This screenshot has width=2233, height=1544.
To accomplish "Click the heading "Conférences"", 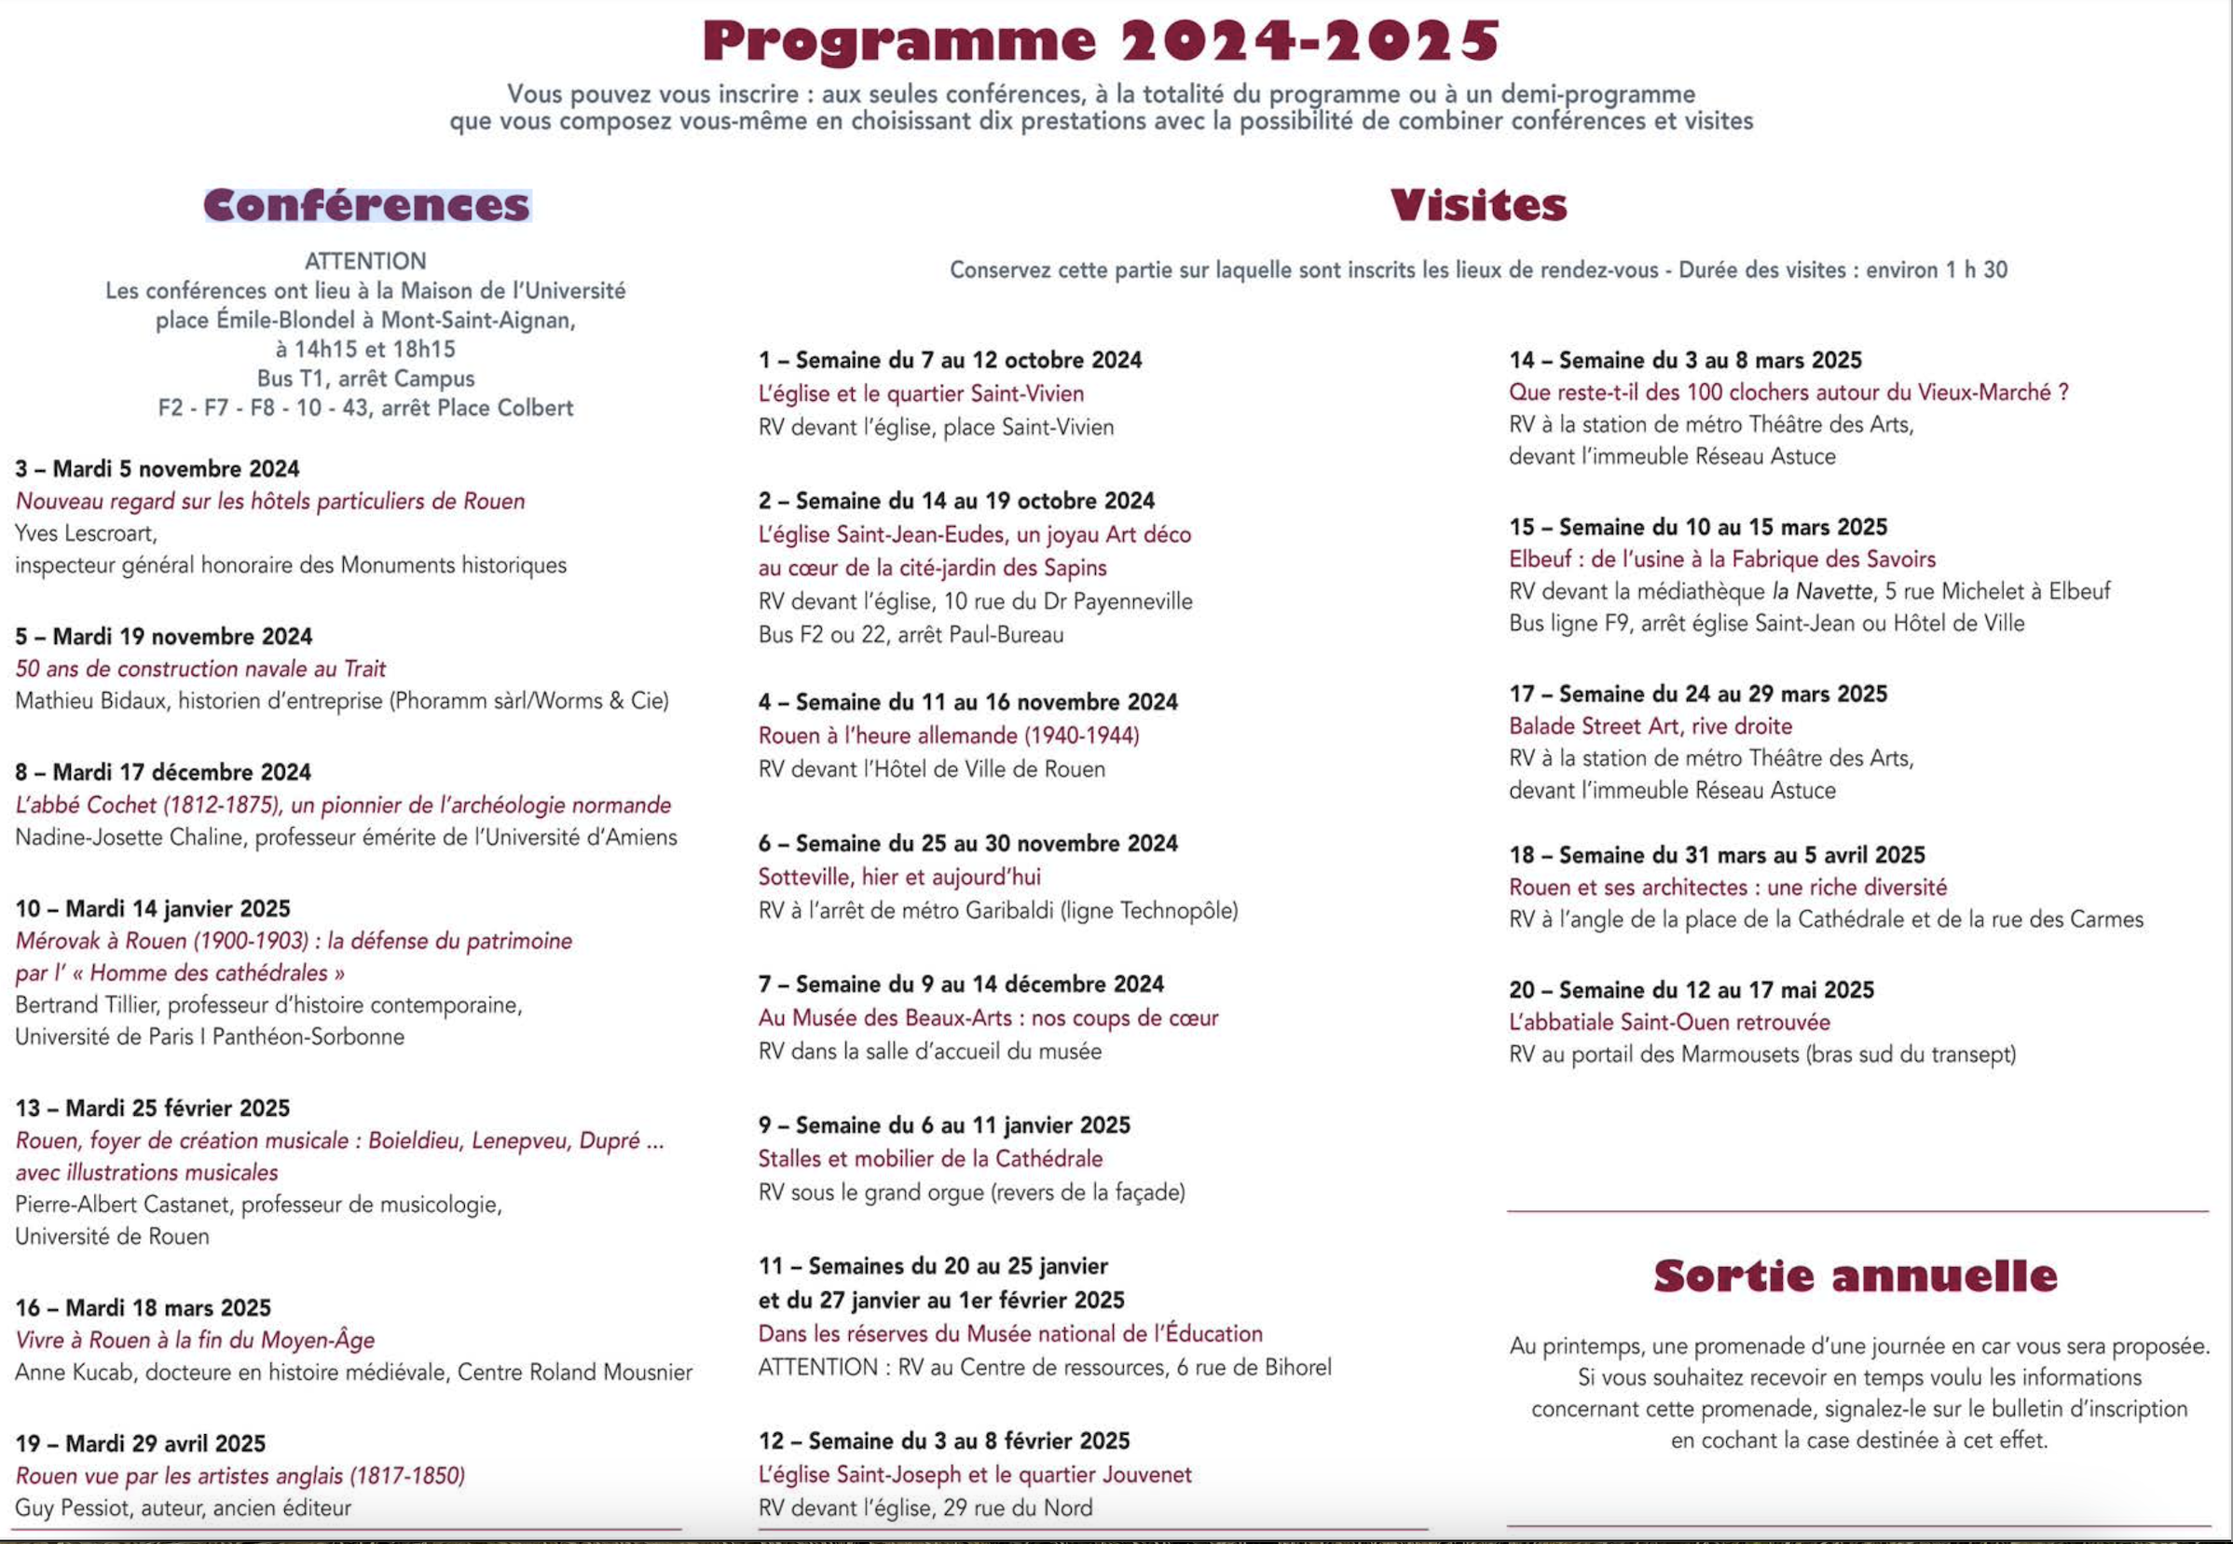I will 366,205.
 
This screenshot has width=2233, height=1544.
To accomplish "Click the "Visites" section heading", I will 1478,205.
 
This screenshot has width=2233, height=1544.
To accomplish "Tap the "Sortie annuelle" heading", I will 1855,1275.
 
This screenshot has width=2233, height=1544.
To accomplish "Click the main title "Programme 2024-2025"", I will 1101,41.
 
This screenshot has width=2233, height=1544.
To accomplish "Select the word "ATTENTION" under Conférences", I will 365,261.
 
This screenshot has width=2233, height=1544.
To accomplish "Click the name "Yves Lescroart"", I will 85,533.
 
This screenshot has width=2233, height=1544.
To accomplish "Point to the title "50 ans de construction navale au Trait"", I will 200,669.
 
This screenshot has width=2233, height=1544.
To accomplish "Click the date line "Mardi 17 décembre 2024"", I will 181,772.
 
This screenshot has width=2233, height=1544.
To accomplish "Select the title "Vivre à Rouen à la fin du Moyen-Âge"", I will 195,1340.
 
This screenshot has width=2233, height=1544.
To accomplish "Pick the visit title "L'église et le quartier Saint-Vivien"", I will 921,393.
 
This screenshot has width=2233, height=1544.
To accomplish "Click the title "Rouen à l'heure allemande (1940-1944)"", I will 948,736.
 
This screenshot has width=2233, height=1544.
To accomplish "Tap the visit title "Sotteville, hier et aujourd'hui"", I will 898,876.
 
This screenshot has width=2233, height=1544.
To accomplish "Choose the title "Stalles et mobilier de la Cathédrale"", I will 929,1158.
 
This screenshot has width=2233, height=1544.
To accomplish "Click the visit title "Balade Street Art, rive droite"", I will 1650,725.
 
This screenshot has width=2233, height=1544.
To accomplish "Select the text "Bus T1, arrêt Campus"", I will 365,379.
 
